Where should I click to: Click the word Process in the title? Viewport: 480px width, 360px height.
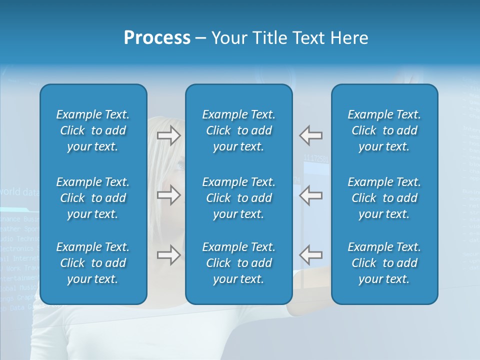click(157, 38)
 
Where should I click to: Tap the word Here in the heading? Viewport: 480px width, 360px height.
click(349, 38)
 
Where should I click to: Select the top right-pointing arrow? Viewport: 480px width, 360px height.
click(169, 135)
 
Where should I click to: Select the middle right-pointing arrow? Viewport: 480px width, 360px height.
click(169, 195)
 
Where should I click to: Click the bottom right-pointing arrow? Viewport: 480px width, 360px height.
click(169, 254)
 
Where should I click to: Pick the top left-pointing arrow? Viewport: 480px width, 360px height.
click(310, 135)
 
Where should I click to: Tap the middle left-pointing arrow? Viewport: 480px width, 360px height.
click(310, 195)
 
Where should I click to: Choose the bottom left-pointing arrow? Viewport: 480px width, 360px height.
click(310, 254)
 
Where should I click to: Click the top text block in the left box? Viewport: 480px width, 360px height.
click(93, 130)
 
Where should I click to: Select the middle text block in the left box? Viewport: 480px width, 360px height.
click(93, 198)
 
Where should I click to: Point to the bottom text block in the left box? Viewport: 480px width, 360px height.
click(93, 263)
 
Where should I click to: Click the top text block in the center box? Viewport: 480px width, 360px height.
click(238, 130)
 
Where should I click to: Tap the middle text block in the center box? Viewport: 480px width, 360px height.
click(238, 198)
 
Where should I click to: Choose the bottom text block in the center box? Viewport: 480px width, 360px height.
click(238, 263)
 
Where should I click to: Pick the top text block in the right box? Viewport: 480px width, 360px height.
click(384, 130)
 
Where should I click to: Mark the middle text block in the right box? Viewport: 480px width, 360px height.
click(384, 198)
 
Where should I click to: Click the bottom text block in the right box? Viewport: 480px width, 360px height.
click(384, 263)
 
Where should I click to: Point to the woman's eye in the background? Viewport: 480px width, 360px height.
click(179, 165)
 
